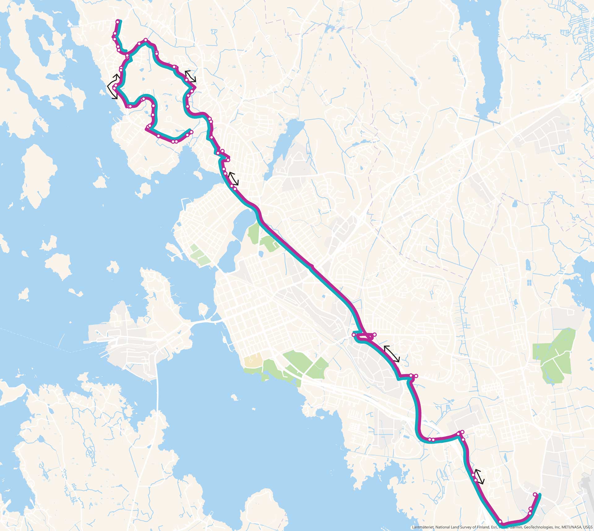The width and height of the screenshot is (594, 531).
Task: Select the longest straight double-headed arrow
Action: (x=392, y=354)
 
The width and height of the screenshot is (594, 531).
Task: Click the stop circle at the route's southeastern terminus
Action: (x=535, y=495)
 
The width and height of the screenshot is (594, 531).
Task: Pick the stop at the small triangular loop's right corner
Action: (x=374, y=335)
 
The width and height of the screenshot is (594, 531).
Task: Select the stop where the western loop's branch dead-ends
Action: (x=192, y=132)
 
